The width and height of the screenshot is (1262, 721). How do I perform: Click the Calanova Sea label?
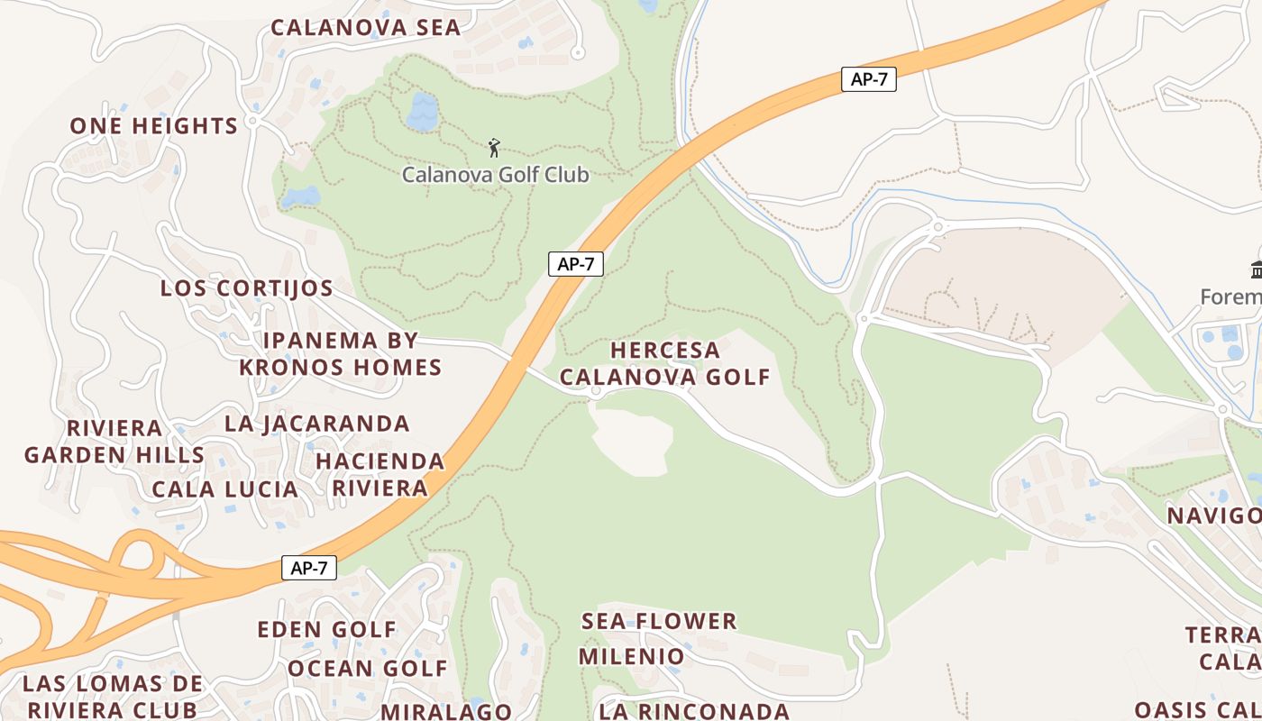click(x=366, y=27)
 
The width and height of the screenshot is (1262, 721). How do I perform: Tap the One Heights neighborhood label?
click(x=154, y=126)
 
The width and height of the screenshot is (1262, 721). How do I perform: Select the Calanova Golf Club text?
click(x=495, y=174)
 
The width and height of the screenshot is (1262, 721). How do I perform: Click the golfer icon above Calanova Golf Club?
click(x=494, y=148)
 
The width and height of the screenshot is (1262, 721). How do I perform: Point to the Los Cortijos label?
click(x=247, y=288)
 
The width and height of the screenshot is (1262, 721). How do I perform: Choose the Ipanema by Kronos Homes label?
click(x=341, y=354)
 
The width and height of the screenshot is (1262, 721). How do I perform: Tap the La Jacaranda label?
click(x=317, y=424)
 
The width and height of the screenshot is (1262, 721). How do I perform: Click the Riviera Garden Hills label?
click(x=114, y=442)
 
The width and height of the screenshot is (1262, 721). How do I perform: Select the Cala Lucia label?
click(x=225, y=489)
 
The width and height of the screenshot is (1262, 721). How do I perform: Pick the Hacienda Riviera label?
click(x=380, y=475)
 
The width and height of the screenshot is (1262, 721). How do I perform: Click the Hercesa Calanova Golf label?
click(x=665, y=363)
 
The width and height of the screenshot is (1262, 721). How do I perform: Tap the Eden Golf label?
click(x=327, y=629)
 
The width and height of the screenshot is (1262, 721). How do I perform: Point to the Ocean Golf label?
click(x=368, y=669)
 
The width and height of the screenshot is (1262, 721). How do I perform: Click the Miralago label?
click(x=446, y=711)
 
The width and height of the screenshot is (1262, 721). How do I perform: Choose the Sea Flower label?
click(x=659, y=621)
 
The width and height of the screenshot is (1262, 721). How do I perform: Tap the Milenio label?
click(x=632, y=656)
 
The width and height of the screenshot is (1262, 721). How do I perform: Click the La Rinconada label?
click(x=695, y=711)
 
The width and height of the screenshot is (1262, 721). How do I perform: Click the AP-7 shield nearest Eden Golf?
click(x=309, y=568)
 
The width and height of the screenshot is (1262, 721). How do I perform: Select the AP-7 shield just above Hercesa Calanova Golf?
click(x=576, y=264)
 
